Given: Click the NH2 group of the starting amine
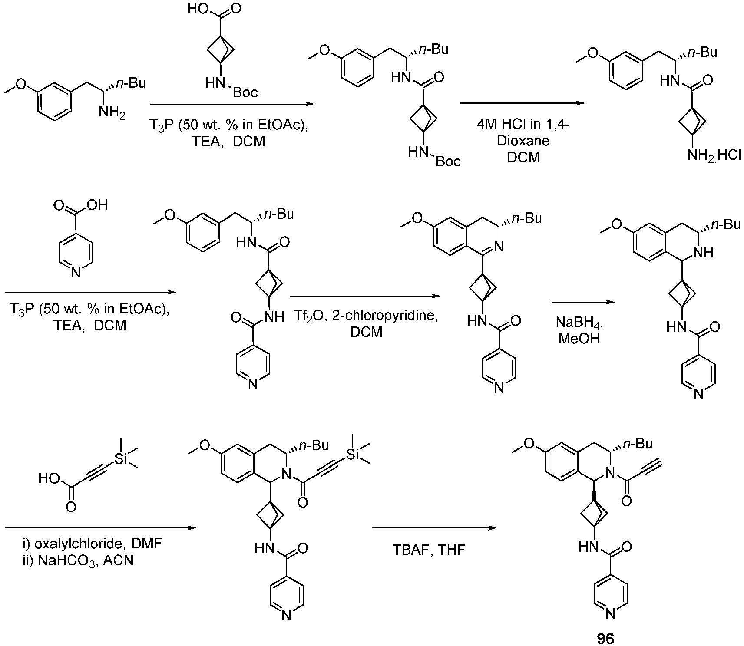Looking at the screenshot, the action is point(112,113).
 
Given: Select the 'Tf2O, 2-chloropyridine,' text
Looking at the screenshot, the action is point(365,316).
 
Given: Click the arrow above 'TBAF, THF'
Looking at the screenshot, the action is point(434,528).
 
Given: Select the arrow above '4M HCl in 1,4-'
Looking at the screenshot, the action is point(524,103).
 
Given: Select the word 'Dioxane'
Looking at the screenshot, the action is point(523,141).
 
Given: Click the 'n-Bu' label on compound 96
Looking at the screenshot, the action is point(638,444).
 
